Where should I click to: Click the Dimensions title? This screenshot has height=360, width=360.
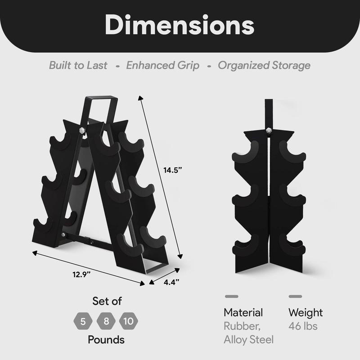click(180, 26)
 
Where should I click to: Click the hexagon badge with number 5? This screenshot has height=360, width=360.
click(83, 321)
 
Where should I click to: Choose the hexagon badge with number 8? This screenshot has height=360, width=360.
click(106, 321)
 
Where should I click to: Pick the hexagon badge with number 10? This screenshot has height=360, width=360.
click(129, 321)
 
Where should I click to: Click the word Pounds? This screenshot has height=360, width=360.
click(106, 339)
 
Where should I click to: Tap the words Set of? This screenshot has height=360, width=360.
click(107, 301)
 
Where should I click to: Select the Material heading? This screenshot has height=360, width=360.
click(243, 312)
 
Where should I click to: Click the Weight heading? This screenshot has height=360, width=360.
click(306, 312)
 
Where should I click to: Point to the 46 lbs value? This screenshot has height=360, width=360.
click(303, 326)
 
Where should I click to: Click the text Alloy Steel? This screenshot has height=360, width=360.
click(248, 339)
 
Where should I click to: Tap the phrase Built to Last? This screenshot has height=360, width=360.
click(78, 65)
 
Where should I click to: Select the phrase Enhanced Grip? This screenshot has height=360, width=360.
click(162, 65)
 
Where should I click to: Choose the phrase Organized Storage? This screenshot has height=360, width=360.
click(264, 65)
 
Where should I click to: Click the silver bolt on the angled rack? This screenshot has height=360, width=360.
click(81, 130)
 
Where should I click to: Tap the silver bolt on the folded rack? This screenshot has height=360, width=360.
click(269, 130)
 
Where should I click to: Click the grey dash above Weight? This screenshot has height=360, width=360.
click(295, 297)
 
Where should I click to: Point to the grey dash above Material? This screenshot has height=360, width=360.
click(231, 297)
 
